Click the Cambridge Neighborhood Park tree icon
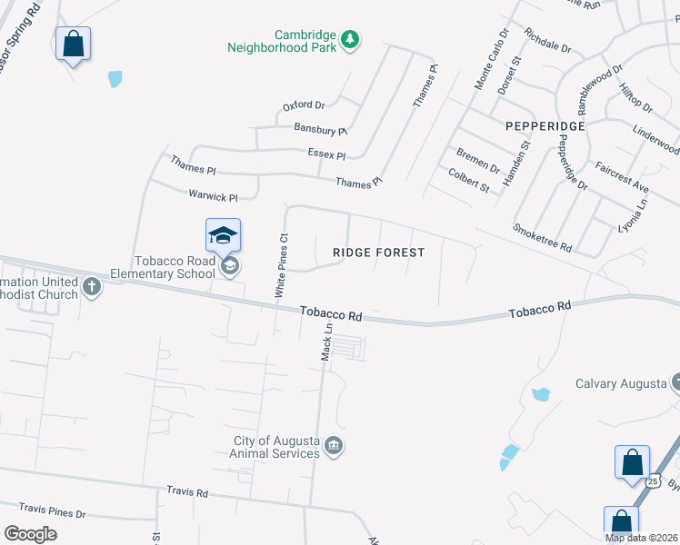click(351, 40)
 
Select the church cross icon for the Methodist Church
click(91, 288)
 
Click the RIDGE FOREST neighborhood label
click(379, 253)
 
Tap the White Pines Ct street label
click(282, 265)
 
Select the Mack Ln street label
click(327, 342)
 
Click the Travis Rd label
click(187, 492)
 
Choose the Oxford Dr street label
click(304, 106)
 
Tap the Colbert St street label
click(469, 179)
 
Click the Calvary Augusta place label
click(621, 383)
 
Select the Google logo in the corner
click(30, 533)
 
